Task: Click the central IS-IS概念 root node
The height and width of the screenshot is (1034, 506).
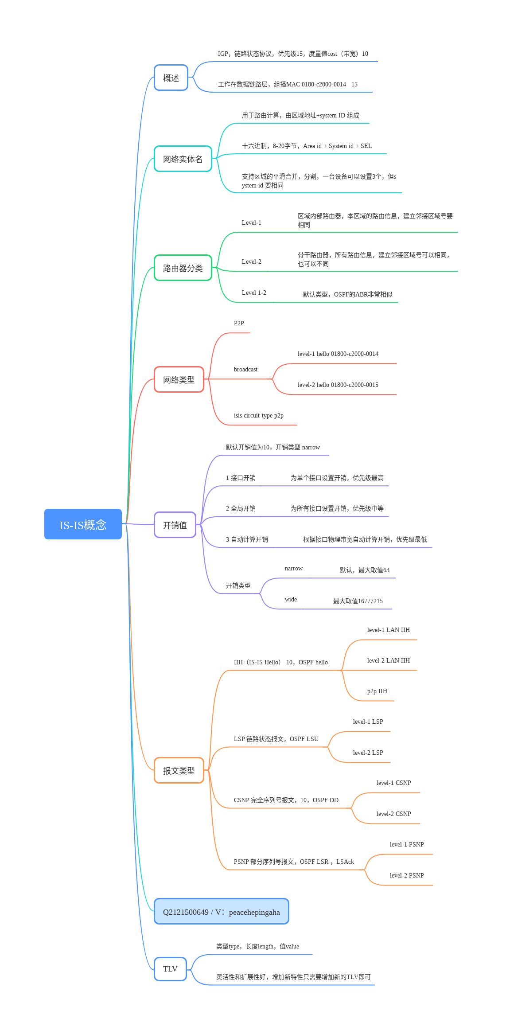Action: tap(83, 524)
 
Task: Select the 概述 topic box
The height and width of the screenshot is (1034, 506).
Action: tap(171, 78)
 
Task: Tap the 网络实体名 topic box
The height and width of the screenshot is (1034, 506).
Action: tap(183, 159)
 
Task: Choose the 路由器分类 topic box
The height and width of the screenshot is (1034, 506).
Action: tap(183, 268)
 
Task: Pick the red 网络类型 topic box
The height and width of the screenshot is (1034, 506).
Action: tap(179, 380)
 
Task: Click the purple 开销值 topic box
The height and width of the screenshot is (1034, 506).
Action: tap(175, 525)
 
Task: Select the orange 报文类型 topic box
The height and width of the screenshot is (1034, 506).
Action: tap(179, 771)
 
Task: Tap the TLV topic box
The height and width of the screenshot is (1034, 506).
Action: tap(170, 969)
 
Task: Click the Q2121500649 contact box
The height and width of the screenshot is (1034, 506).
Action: tap(221, 912)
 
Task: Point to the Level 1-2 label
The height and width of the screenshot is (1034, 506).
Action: tap(254, 293)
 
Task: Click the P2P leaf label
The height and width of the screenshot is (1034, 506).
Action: tap(239, 324)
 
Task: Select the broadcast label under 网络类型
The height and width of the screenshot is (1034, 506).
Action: tap(245, 370)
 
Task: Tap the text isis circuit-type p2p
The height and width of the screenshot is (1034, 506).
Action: tap(259, 416)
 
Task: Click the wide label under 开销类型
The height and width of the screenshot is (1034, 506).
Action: tap(291, 600)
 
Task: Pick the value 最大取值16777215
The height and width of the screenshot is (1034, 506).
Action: tap(358, 601)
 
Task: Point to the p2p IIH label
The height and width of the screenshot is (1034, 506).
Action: tap(377, 691)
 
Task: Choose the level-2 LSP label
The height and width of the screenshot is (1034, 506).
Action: tap(368, 753)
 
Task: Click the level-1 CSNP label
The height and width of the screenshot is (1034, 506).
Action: tap(393, 783)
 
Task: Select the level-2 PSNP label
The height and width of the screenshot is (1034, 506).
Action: tap(407, 876)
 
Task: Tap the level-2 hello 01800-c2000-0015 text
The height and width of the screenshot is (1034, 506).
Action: tap(338, 385)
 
